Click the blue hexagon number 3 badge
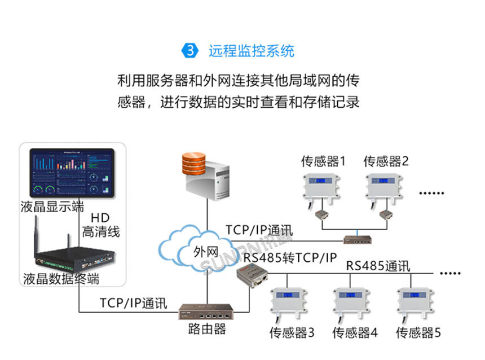coord(190,51)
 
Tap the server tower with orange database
coord(207,177)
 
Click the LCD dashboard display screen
coord(72,172)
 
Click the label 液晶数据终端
coord(61,279)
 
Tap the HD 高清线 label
coord(101,225)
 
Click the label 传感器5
coord(418,332)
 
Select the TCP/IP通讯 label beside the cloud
coord(259,230)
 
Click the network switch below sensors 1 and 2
coord(359,239)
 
